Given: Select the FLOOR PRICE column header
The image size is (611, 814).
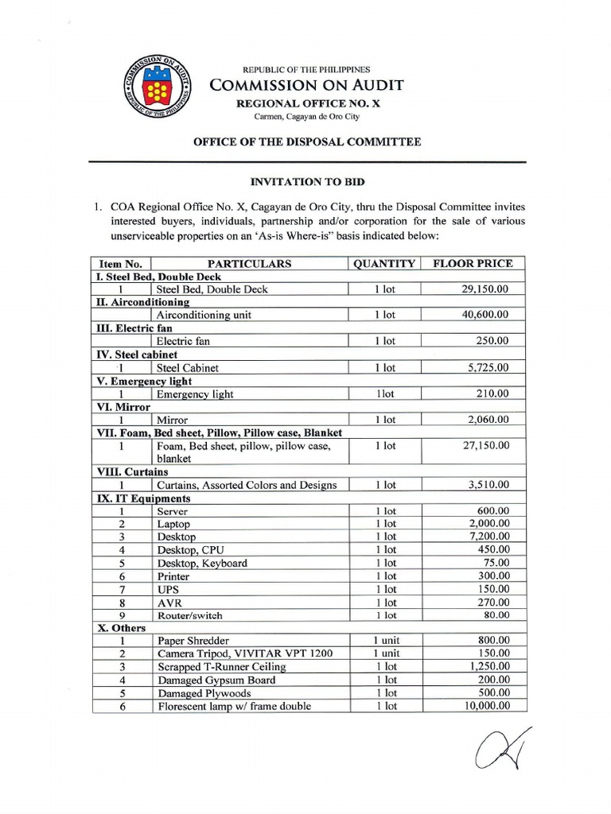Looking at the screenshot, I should (x=472, y=263).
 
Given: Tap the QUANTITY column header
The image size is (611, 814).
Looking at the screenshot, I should (x=384, y=263).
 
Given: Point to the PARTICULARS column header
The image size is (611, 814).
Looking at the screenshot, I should (x=249, y=263).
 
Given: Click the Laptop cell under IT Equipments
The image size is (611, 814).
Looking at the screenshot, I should (x=174, y=524).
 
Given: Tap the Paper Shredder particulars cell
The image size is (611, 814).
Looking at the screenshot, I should (x=193, y=641).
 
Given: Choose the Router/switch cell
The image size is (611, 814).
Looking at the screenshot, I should (x=190, y=615).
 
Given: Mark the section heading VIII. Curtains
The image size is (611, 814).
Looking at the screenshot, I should (x=132, y=471).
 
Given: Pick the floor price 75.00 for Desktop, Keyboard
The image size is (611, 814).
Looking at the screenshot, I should (x=496, y=563).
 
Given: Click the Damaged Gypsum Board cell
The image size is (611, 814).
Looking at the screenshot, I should (x=216, y=680).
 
